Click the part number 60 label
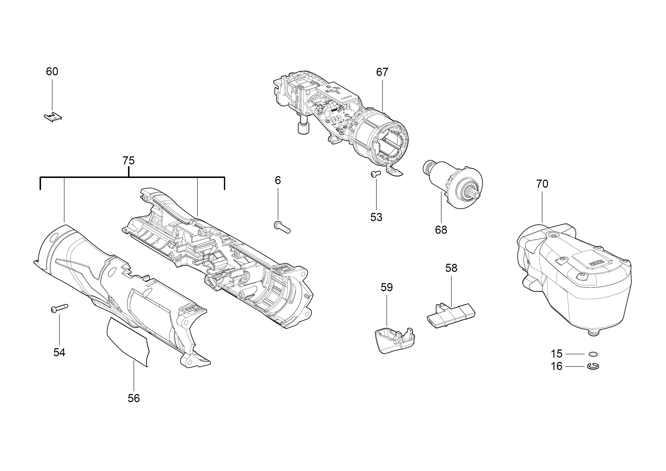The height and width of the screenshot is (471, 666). point(52,71)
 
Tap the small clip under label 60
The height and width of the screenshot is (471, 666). point(53,117)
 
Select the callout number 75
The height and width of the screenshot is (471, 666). point(128,161)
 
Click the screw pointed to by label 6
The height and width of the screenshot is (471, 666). point(282,227)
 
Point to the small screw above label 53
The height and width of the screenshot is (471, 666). point(376,174)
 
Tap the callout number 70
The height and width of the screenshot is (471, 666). point(542,184)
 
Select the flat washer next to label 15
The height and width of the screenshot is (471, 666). point(593,354)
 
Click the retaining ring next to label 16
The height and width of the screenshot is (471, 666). point(593,366)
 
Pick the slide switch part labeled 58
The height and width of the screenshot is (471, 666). point(451,314)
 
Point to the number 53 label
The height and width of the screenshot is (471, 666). point(376,217)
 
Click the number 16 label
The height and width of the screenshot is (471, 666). point(556,366)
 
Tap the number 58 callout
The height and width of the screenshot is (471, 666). point(451,268)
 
